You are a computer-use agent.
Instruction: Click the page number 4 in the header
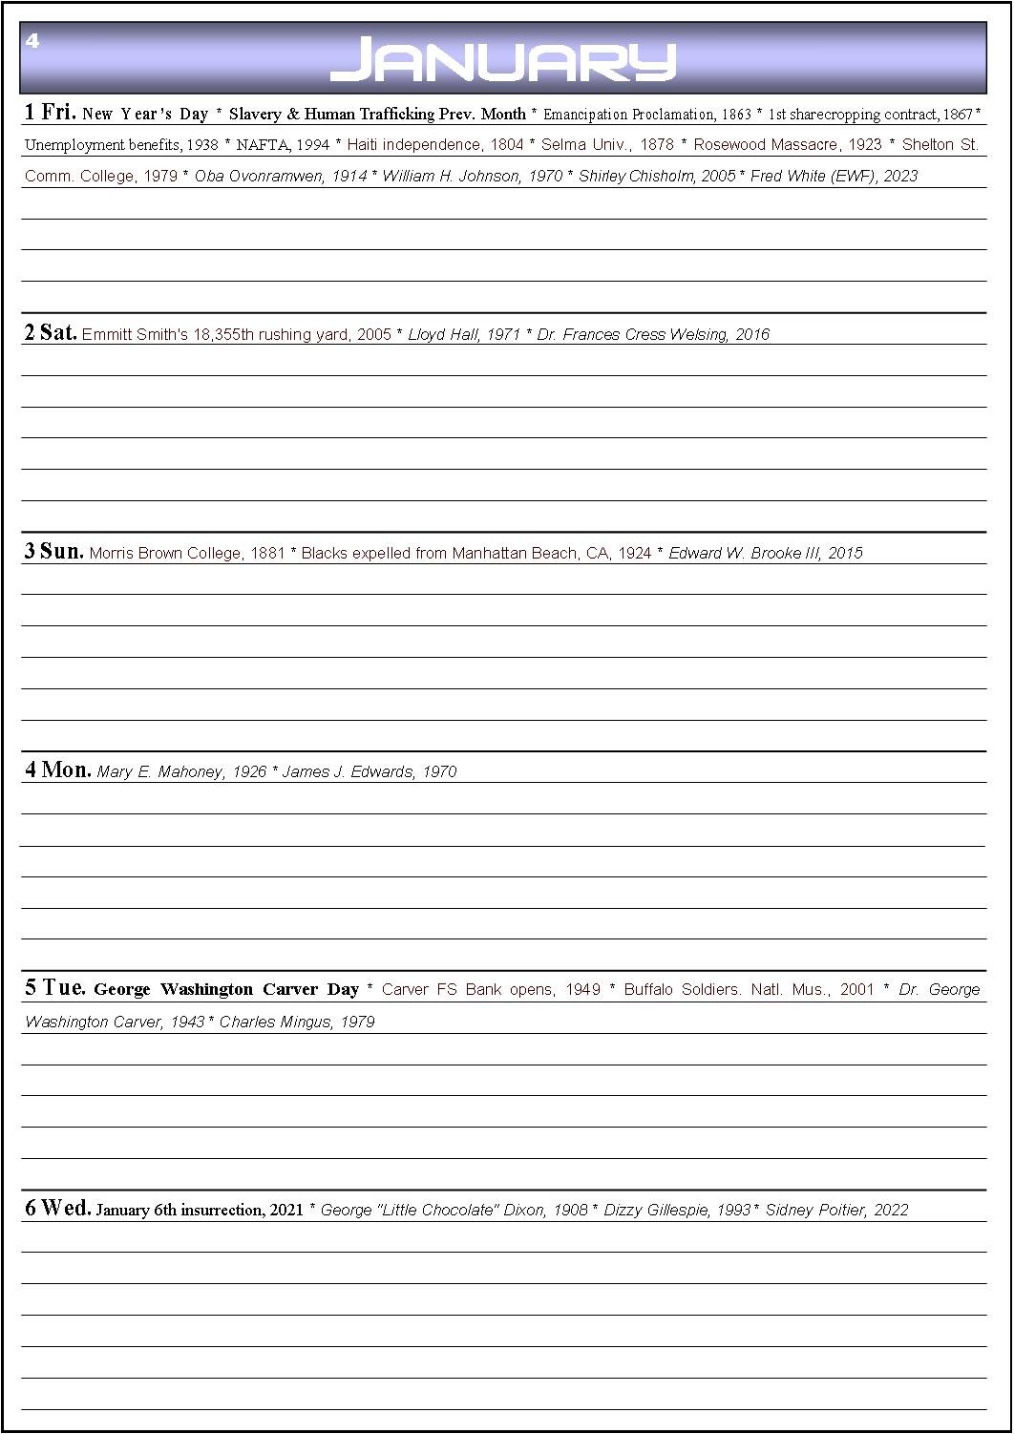click(32, 41)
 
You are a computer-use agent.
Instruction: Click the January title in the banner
click(503, 60)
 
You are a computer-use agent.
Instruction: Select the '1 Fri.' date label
click(50, 113)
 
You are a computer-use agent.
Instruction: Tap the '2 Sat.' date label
click(50, 333)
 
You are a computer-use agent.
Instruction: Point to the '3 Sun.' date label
click(53, 552)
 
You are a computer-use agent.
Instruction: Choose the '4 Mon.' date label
click(57, 770)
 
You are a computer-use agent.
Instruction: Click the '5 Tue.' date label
click(54, 988)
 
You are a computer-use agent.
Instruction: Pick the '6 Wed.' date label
click(57, 1209)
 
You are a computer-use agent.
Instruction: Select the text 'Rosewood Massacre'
click(756, 145)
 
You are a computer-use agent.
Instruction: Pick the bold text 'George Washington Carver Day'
click(226, 990)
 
